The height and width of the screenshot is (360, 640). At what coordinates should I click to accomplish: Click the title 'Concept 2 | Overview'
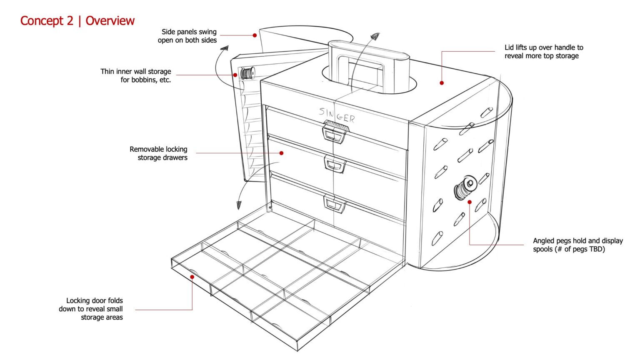click(x=77, y=21)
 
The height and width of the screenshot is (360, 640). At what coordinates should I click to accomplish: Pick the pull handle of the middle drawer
click(x=335, y=165)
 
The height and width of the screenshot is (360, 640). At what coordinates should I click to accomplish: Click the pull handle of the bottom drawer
click(x=335, y=204)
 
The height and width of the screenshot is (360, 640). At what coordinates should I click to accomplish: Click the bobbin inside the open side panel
click(x=247, y=73)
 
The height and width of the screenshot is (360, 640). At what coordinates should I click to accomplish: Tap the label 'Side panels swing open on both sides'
click(x=187, y=36)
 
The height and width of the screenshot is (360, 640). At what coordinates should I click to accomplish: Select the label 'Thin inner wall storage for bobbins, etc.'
click(x=136, y=76)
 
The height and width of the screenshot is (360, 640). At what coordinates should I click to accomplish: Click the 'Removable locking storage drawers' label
click(x=159, y=153)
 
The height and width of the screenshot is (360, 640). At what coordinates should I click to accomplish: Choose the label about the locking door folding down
click(x=91, y=309)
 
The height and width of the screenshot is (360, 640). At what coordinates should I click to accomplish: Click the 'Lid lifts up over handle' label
click(x=543, y=52)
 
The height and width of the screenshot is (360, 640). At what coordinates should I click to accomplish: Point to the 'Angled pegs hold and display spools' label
click(x=577, y=245)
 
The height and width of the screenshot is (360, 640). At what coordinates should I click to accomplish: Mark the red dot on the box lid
click(x=442, y=83)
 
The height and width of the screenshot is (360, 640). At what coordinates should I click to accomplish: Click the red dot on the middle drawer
click(x=282, y=153)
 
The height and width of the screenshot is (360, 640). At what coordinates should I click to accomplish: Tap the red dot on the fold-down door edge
click(x=192, y=277)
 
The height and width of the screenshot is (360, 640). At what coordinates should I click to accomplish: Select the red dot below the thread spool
click(x=470, y=202)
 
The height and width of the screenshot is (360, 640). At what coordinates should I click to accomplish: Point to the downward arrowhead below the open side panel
click(x=239, y=205)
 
